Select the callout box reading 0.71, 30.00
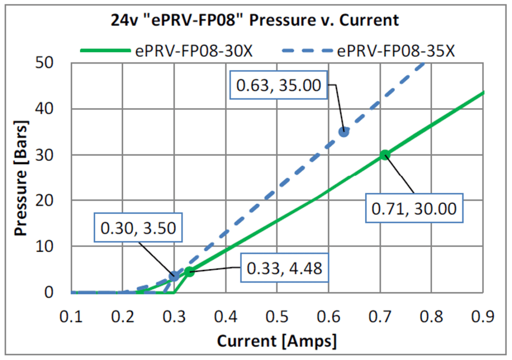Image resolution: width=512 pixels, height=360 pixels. coord(414,209)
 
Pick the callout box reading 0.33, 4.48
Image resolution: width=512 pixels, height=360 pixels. coord(285,269)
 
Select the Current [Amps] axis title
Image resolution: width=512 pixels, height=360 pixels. coord(276,341)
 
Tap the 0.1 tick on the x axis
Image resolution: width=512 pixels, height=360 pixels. coord(71,317)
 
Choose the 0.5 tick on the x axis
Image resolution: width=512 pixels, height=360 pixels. coord(277,317)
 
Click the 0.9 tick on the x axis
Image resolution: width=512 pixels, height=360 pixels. coord(483,317)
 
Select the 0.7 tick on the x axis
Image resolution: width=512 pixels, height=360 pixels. coord(380,317)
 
